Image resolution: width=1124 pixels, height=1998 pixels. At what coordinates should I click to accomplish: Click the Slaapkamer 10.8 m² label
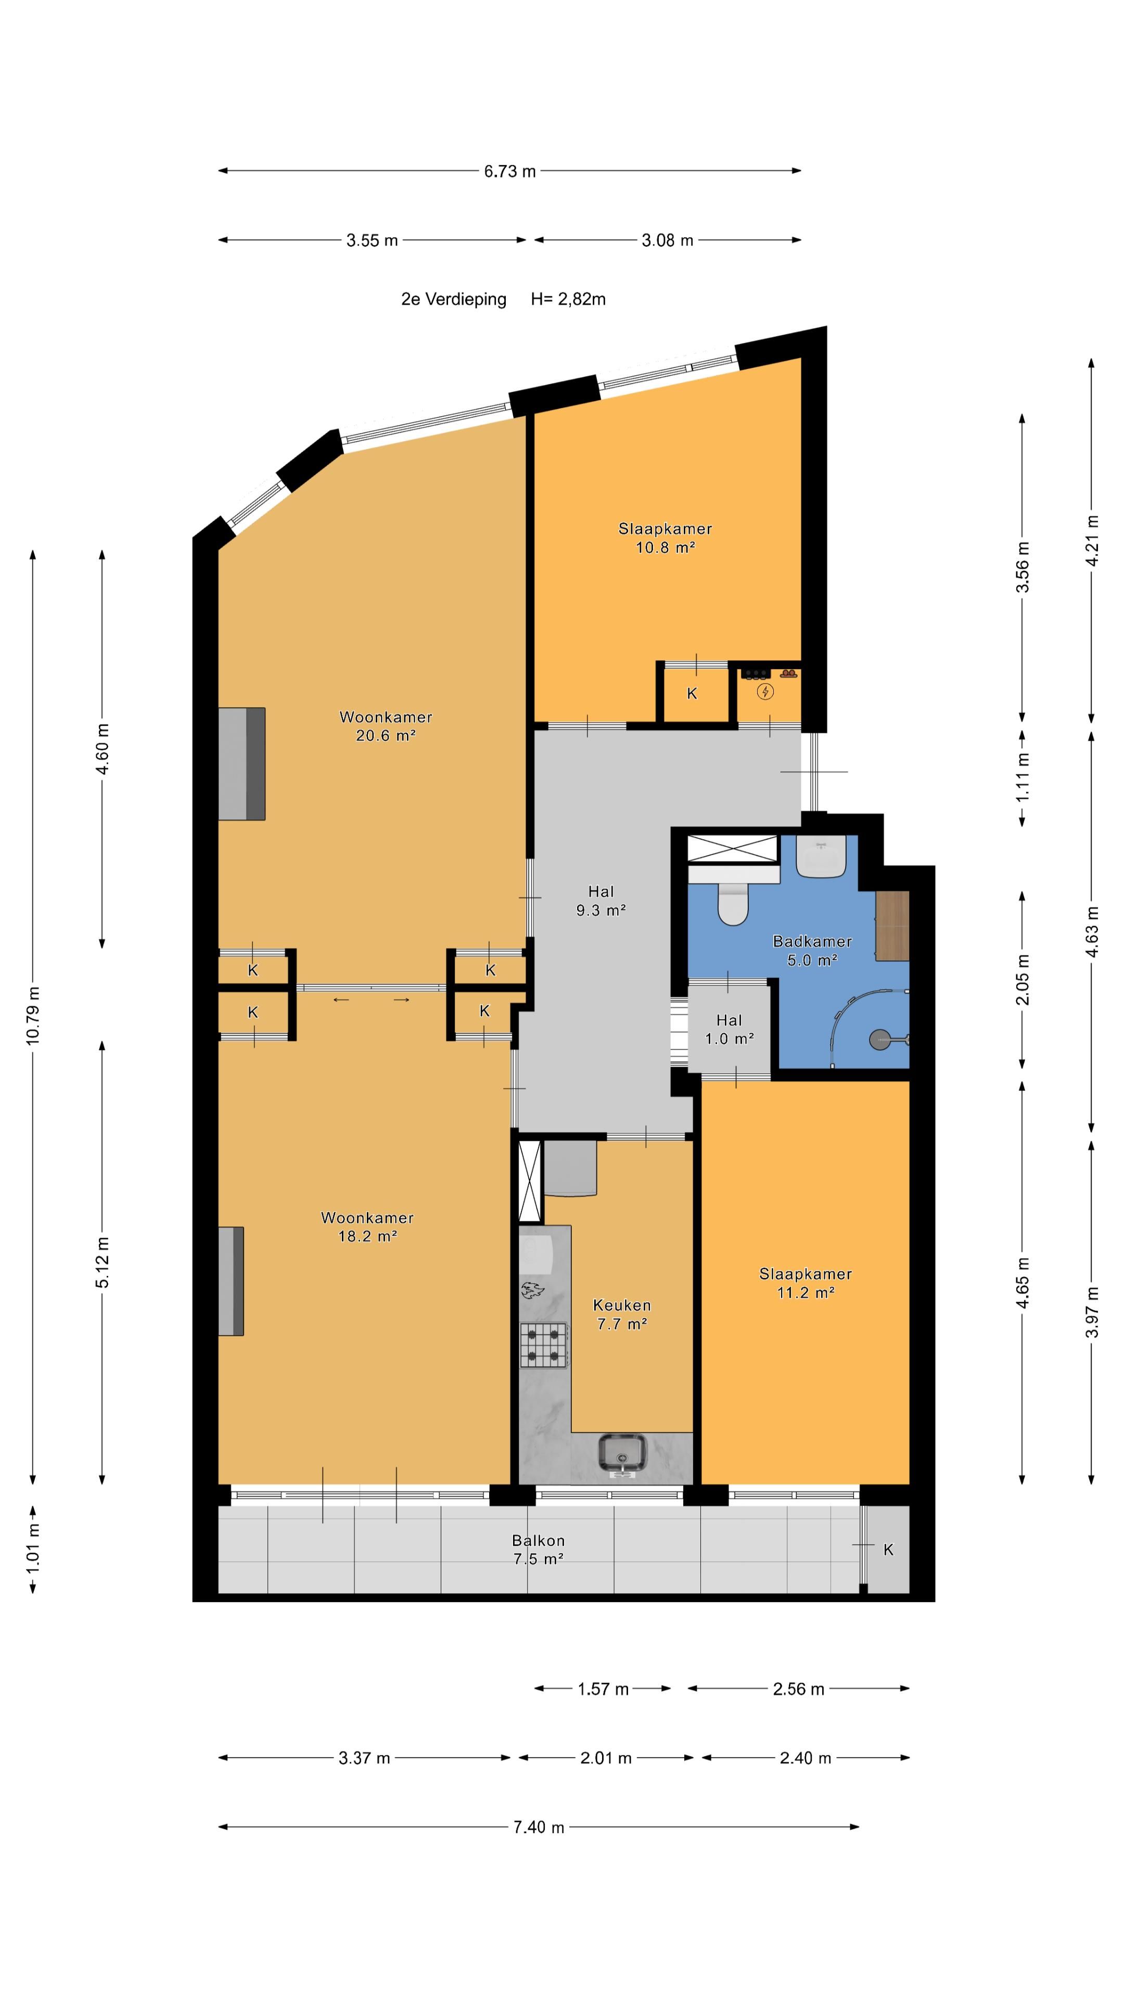pos(665,537)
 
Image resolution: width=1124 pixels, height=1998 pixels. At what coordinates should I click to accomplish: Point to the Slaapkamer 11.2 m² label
pos(805,1283)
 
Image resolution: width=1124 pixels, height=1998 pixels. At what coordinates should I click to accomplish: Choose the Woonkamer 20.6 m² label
pos(386,726)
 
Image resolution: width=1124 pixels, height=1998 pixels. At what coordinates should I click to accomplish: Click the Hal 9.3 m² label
pos(601,901)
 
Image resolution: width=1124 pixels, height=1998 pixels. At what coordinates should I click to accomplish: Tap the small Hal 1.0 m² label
pos(729,1029)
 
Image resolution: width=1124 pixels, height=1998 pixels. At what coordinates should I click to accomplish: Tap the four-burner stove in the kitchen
pos(544,1346)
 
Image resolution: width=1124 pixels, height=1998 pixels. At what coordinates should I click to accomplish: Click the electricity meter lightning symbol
pos(765,691)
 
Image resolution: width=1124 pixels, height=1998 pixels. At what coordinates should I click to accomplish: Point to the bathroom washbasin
pos(820,857)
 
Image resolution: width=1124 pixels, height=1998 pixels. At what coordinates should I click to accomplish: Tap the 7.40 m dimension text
pos(539,1827)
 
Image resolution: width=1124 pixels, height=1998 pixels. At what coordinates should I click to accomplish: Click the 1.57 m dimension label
pos(603,1688)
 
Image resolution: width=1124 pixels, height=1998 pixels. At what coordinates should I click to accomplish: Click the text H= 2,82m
pos(568,299)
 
